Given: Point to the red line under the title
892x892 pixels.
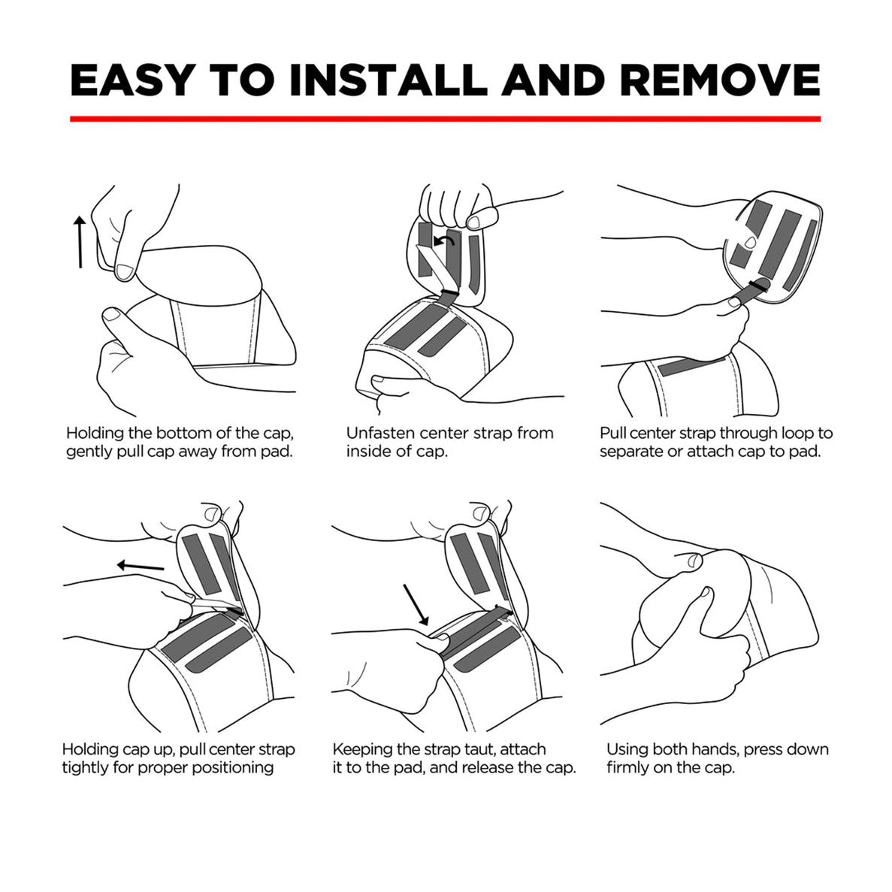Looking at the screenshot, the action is [446, 119].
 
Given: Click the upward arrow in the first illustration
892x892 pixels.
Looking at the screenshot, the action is [80, 242].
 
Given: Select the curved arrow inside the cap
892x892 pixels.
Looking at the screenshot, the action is [444, 241].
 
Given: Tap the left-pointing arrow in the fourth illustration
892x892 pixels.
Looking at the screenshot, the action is [140, 566].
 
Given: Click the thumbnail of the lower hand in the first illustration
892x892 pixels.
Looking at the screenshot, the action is [111, 315].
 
